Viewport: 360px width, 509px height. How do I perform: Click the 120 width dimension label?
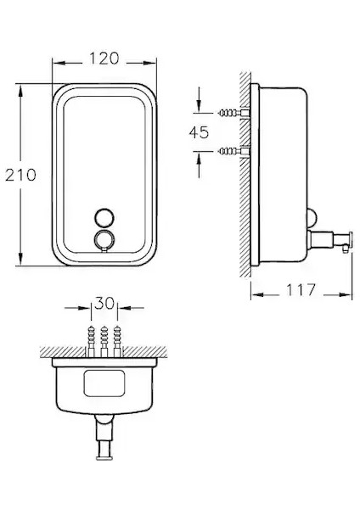[104, 59]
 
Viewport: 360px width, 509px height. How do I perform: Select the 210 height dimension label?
[20, 175]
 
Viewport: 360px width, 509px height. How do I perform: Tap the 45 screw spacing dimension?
[199, 132]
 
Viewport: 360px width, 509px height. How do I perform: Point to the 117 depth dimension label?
[301, 290]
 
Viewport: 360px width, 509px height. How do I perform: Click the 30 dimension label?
[104, 303]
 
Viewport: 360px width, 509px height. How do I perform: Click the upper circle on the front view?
[104, 217]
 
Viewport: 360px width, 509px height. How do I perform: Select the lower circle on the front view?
[104, 239]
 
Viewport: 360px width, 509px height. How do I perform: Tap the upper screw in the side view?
[233, 113]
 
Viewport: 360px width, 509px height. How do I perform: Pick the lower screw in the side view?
[233, 151]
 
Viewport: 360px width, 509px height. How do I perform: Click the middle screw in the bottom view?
[104, 341]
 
